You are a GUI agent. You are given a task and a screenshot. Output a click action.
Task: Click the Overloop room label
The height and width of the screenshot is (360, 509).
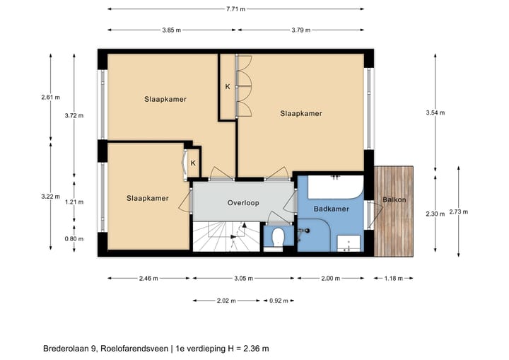point(243,203)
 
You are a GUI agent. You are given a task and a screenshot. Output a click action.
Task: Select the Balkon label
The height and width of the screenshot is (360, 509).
point(394,200)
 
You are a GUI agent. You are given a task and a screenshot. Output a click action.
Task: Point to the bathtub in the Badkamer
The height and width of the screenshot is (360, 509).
point(337,188)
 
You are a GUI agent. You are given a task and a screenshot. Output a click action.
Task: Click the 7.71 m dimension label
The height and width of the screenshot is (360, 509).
point(235,9)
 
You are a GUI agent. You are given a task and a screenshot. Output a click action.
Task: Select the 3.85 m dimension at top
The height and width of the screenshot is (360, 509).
point(171,30)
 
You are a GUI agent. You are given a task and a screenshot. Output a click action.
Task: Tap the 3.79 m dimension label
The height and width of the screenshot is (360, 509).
point(302,30)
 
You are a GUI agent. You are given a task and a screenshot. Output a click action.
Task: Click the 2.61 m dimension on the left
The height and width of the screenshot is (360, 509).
point(51,97)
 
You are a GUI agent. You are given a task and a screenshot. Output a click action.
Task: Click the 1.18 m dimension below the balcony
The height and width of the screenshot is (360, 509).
point(394,279)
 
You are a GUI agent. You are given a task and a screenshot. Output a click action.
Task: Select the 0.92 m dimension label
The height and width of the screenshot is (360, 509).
point(280,301)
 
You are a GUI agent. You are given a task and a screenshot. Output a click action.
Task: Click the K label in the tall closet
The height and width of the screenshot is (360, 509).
point(228,87)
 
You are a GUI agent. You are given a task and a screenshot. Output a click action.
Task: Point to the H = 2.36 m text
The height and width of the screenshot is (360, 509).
point(240,348)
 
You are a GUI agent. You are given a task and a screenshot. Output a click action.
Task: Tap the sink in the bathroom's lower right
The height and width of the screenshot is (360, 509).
point(349,243)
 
